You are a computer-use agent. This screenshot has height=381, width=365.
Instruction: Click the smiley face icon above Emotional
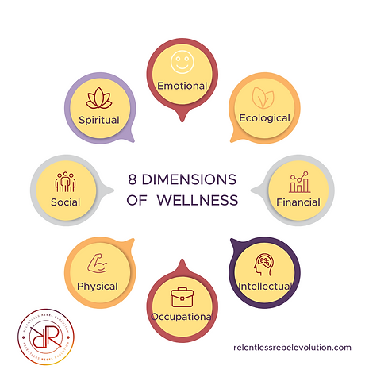[x=182, y=62]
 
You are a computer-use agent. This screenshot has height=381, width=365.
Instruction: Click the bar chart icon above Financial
[x=300, y=183]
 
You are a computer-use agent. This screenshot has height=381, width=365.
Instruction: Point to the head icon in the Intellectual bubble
[x=267, y=263]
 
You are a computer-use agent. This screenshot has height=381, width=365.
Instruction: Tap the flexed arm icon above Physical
[x=98, y=264]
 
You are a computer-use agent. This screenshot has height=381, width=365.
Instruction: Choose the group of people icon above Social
[x=64, y=183]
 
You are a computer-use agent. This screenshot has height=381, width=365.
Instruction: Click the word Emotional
[x=182, y=86]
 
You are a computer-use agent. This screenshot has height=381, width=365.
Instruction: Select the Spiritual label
[x=98, y=120]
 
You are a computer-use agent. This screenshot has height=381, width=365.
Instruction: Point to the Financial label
[x=298, y=202]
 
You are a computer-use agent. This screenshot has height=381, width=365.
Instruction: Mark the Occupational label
[x=182, y=317]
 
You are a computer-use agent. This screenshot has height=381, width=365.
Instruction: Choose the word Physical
[x=98, y=286]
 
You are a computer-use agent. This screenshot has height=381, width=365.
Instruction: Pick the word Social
[x=65, y=202]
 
